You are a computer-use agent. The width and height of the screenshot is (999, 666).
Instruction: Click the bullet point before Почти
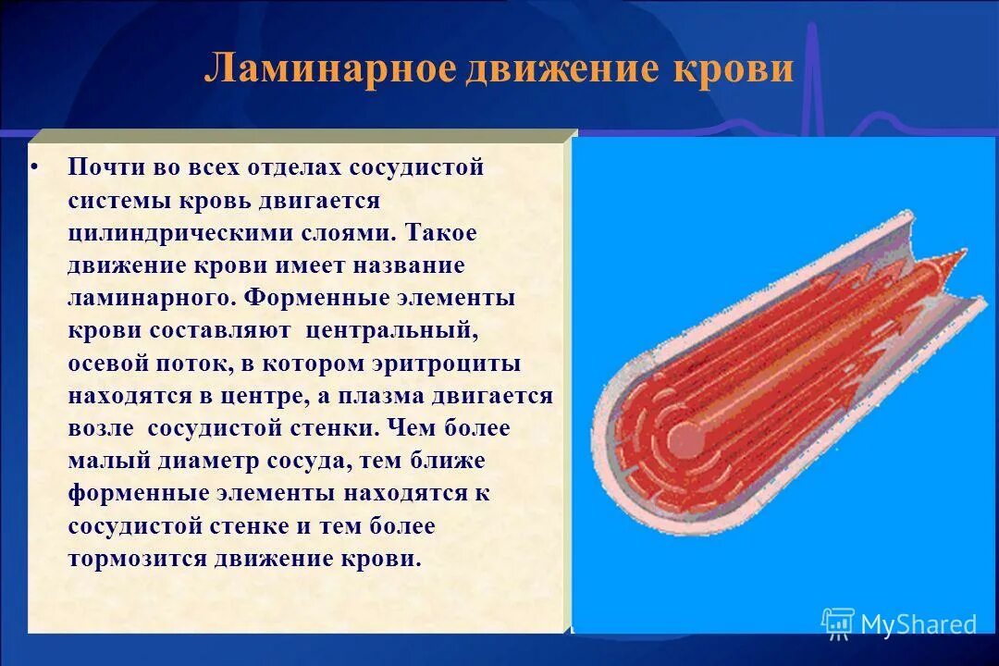pyautogui.click(x=34, y=169)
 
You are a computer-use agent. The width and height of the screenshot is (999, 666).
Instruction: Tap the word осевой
pyautogui.click(x=106, y=364)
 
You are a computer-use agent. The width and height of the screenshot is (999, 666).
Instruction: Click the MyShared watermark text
pyautogui.click(x=919, y=624)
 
